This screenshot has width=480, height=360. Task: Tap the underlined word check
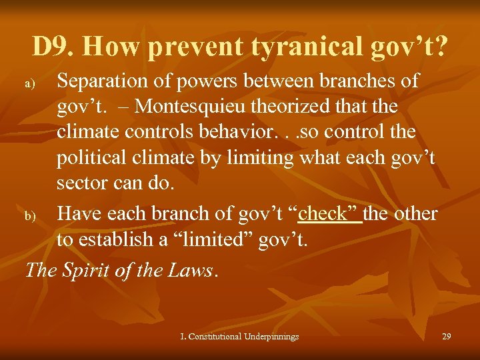pyautogui.click(x=331, y=213)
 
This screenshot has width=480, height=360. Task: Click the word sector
pyautogui.click(x=81, y=183)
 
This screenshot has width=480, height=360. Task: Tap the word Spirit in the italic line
pyautogui.click(x=88, y=269)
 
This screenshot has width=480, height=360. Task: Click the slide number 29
pyautogui.click(x=447, y=337)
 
